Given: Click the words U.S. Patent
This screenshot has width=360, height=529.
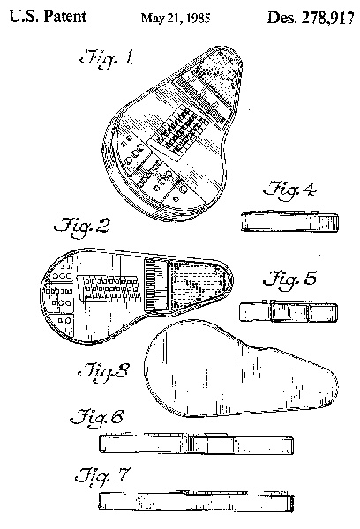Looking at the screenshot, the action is [48, 17].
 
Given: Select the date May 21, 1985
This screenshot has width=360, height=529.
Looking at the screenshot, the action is [176, 18].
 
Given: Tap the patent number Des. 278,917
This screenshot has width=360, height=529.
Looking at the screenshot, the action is [311, 17].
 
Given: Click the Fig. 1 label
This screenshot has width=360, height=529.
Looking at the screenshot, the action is [107, 58].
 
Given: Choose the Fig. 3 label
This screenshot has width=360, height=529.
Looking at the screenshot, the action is [104, 372].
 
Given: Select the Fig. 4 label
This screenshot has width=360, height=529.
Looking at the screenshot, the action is [289, 190].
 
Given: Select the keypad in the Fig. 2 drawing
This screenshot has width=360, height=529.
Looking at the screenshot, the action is [109, 287].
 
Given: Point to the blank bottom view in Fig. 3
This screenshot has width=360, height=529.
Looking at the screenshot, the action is [241, 369].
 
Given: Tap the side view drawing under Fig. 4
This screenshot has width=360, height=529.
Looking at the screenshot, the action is [289, 221].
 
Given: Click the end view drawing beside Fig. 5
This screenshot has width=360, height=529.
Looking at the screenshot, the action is [289, 311].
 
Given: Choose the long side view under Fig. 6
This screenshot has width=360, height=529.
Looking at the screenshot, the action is [196, 443].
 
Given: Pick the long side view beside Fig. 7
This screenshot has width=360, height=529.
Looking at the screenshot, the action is [196, 501].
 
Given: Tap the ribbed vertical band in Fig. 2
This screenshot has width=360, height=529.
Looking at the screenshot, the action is [155, 286].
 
